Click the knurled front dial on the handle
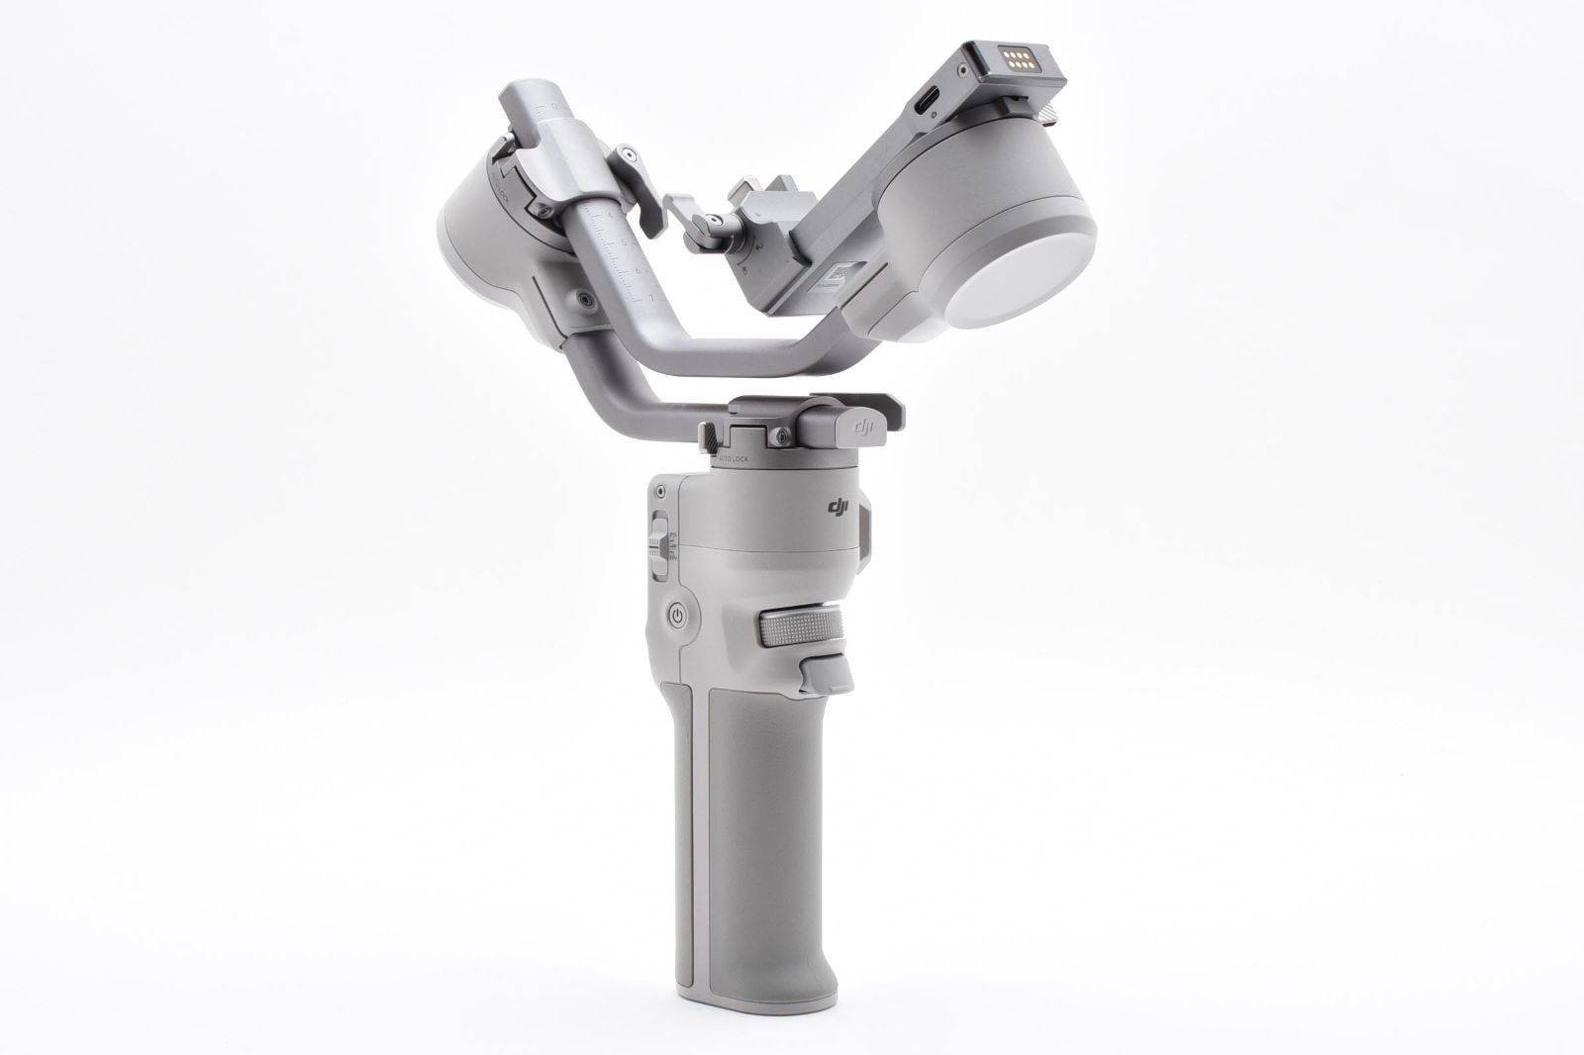pos(802,626)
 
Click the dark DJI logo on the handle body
pos(840,508)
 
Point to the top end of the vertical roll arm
pos(533,103)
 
